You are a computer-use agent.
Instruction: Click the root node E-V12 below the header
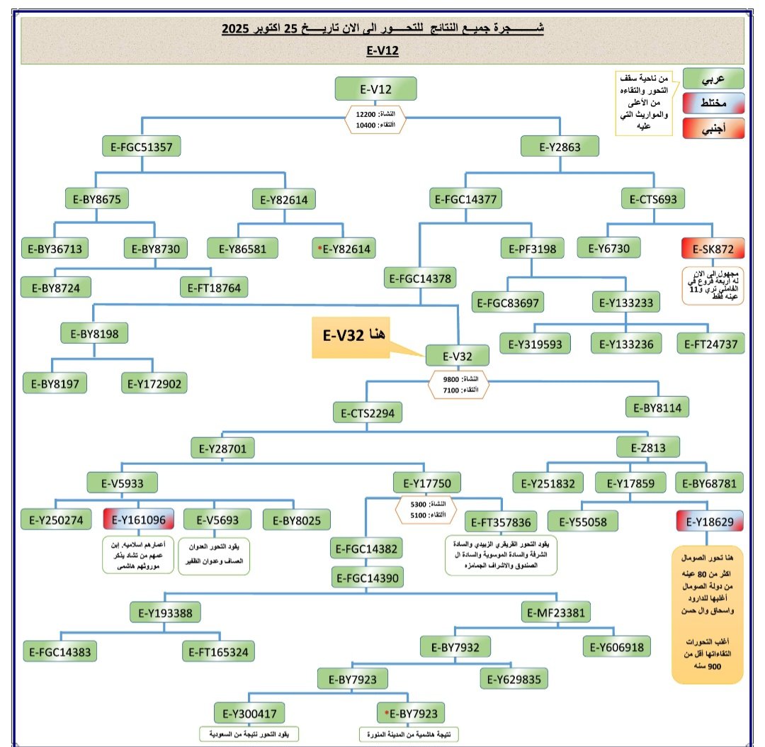coord(375,89)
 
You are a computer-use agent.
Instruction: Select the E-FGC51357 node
coord(142,147)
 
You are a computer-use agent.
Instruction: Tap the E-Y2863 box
coord(560,147)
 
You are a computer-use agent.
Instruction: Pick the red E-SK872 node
coord(713,248)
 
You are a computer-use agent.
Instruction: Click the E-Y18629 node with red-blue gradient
coord(710,521)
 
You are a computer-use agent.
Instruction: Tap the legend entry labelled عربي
coord(713,78)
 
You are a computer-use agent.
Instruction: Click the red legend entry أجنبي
coord(713,128)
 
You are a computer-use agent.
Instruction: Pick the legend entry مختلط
coord(713,103)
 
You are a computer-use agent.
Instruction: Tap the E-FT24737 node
coord(710,344)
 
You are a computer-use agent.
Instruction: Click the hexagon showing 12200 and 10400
coord(375,119)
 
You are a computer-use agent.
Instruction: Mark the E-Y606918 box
coord(616,646)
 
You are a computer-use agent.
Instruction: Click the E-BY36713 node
coord(57,248)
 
